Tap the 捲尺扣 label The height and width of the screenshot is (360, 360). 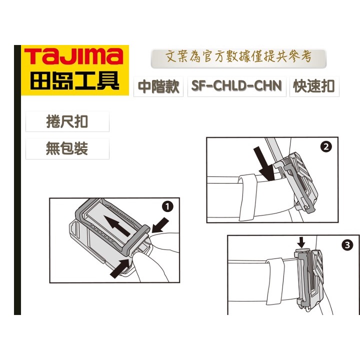tap(67, 122)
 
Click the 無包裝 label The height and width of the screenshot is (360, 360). tap(67, 148)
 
